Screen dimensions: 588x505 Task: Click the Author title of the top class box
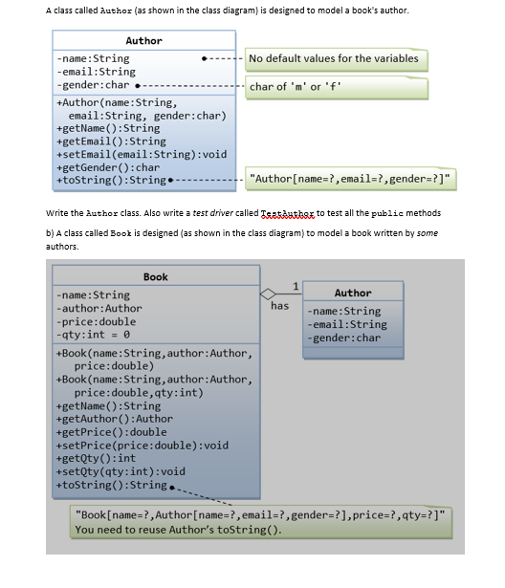(143, 40)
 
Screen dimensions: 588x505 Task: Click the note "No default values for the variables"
(333, 58)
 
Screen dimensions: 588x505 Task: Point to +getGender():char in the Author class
(109, 167)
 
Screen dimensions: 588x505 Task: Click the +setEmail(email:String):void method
(143, 154)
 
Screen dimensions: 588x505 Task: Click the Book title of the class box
(155, 276)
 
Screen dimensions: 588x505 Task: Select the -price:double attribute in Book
(99, 321)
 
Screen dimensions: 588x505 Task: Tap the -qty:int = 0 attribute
(94, 335)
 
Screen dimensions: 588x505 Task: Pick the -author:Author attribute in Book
(99, 308)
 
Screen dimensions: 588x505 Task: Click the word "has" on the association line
(279, 306)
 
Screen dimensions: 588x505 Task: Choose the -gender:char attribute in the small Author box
(344, 338)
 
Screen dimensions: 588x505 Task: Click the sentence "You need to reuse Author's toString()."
(178, 530)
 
